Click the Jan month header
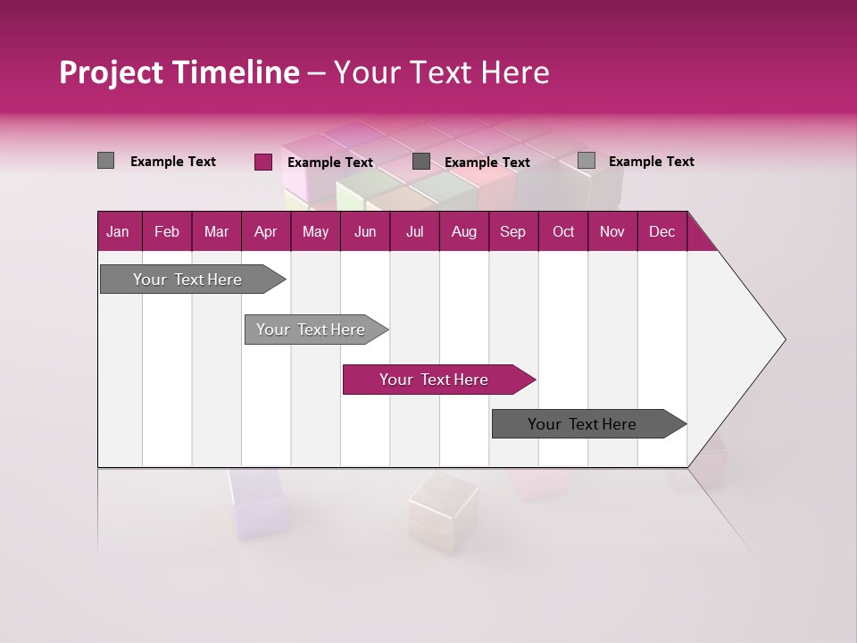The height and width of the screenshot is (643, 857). pos(118,232)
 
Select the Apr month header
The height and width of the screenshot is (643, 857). pos(265,232)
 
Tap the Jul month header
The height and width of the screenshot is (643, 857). pos(414,232)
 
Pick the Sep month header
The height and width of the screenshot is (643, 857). pos(512,232)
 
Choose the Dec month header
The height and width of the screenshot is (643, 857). pos(661,232)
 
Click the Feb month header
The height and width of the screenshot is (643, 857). pos(167,232)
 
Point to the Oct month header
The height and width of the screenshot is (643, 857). pos(563,232)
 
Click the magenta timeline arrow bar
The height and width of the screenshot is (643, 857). pos(437,380)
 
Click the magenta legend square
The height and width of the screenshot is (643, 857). pos(262,162)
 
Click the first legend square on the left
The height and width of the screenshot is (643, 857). pos(105,161)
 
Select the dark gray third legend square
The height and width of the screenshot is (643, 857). pos(421,161)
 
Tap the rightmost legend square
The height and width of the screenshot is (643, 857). pos(586,161)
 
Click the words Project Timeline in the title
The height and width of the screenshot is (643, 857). pos(179,72)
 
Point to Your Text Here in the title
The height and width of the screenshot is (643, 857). pos(441,72)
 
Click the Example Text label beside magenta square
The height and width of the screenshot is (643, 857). pos(329,163)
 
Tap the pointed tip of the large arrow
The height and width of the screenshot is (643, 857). pos(783,339)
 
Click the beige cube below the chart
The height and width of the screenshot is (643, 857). pos(443,506)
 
